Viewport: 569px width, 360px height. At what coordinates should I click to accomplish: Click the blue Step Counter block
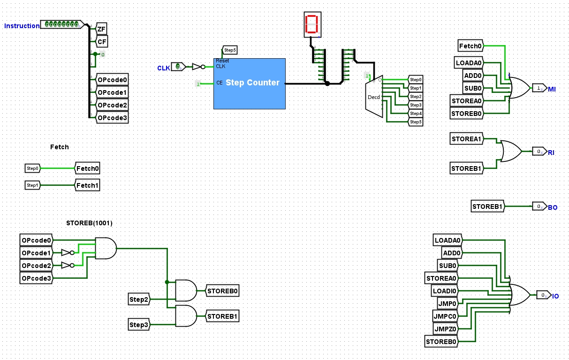coord(249,84)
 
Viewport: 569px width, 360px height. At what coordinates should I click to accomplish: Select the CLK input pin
coord(178,67)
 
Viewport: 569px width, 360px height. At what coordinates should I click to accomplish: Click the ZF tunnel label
coord(101,29)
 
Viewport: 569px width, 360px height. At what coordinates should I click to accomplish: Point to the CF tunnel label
coord(101,42)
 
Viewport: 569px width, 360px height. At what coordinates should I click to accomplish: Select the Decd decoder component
coord(374,97)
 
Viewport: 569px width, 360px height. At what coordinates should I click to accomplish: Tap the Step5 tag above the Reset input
coord(229,50)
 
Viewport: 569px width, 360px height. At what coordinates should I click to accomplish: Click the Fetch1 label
coord(88,185)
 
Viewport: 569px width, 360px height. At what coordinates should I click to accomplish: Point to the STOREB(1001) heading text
coord(89,223)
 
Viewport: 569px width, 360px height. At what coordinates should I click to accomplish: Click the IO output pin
coord(543,295)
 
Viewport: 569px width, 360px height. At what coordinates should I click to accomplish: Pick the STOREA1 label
coord(466,139)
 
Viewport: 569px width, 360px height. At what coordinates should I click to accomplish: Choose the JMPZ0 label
coord(445,329)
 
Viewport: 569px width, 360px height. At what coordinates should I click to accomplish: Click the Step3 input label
coord(139,324)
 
